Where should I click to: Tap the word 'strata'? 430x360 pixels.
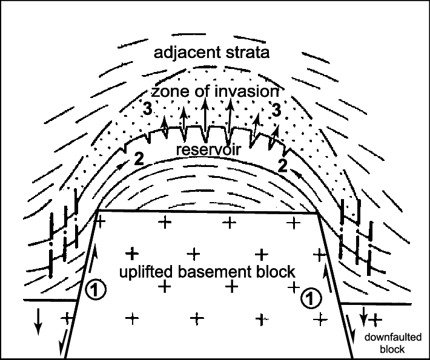coord(248,53)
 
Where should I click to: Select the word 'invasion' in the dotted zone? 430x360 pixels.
coord(247,91)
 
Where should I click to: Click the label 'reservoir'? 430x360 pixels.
coord(208,149)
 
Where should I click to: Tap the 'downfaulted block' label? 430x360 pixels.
coord(392,343)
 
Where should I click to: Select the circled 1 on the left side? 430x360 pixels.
coord(95,290)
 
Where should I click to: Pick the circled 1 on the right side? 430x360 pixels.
coord(311,298)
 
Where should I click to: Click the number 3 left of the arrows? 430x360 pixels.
coord(147,110)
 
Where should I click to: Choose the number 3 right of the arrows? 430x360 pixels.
coord(276,110)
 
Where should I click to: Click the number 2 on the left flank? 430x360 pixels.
coord(139,159)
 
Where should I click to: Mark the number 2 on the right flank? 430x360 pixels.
coord(283,166)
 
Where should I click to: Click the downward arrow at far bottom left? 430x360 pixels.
coord(38,321)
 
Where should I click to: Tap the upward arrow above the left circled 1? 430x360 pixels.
coord(94,261)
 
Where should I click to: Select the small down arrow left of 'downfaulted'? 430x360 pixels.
coord(363,316)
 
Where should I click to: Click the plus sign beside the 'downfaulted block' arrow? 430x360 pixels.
coord(375,319)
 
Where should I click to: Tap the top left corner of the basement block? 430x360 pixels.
coord(98,211)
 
